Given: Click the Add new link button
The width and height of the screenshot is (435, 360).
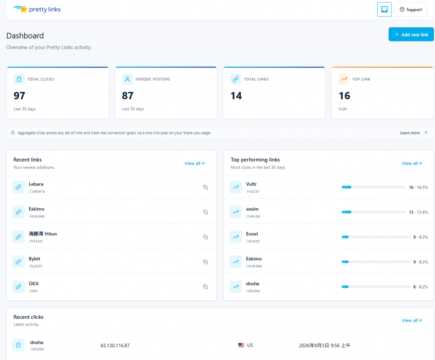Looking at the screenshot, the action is point(411,34).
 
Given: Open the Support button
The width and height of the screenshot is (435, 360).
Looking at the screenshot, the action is point(411,9).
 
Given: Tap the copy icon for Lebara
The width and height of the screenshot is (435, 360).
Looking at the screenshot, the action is point(206,187).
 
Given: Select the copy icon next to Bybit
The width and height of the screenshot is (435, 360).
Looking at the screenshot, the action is point(206,262).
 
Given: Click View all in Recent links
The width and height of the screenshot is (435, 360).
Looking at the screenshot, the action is point(195,163).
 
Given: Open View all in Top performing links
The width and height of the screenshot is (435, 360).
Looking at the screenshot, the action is point(412,163).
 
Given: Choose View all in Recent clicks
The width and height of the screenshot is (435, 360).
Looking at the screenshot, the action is point(412,321).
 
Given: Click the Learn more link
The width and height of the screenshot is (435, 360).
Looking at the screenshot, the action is point(410,133).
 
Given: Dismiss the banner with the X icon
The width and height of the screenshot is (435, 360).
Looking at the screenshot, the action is point(426,132).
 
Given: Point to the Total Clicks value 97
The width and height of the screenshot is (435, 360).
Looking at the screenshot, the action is point(20,96).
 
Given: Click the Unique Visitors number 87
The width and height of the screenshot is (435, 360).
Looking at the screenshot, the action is point(127,96).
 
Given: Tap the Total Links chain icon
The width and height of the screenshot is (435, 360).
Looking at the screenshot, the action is point(235,79).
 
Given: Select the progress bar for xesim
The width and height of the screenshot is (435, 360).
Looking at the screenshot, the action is point(373,212).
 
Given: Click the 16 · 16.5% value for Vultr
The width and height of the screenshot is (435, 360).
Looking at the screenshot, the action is point(418,188).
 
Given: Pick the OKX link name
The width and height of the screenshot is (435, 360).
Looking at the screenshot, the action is point(34,284).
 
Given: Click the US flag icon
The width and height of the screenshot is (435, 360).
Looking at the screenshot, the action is point(241,345).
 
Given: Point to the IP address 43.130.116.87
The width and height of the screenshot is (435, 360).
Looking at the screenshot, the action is point(115,346).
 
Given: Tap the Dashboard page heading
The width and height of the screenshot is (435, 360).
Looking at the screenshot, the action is point(25,36).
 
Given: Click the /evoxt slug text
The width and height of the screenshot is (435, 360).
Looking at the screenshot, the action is point(253,241).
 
